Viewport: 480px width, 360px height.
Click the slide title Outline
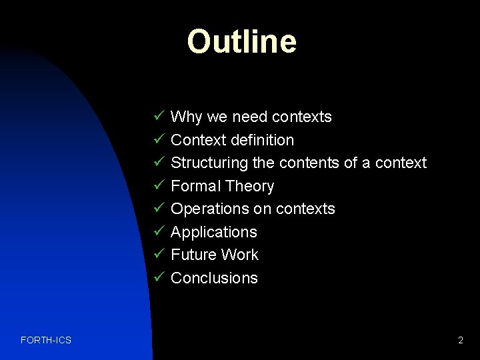pyautogui.click(x=241, y=41)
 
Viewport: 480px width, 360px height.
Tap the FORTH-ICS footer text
pyautogui.click(x=46, y=341)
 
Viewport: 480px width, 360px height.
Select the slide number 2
pyautogui.click(x=460, y=341)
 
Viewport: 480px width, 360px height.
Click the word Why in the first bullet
pyautogui.click(x=187, y=117)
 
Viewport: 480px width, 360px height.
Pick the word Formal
pyautogui.click(x=196, y=186)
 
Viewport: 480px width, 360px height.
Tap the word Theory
pyautogui.click(x=250, y=187)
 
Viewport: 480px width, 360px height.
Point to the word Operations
pyautogui.click(x=209, y=209)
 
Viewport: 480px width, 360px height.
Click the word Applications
pyautogui.click(x=214, y=232)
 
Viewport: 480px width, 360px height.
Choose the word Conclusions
pyautogui.click(x=214, y=278)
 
